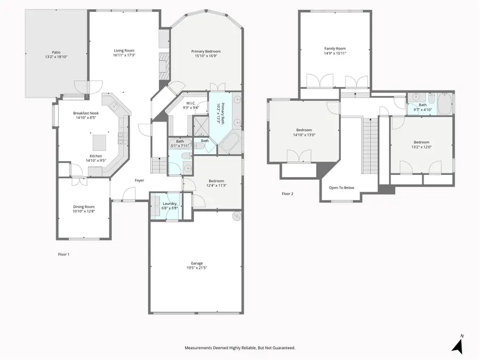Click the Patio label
(56, 52)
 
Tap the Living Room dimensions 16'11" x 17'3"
(124, 55)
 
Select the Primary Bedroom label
(206, 51)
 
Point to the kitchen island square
(100, 142)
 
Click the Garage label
(197, 263)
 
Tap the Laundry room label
(169, 204)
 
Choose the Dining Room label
(84, 206)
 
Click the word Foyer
(139, 181)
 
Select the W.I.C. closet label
(191, 103)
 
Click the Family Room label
(335, 49)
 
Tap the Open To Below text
(341, 188)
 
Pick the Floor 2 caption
(287, 194)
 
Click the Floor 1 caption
(63, 254)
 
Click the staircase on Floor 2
(371, 146)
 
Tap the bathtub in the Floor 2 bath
(445, 103)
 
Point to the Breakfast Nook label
(86, 113)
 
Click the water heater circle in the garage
(237, 217)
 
